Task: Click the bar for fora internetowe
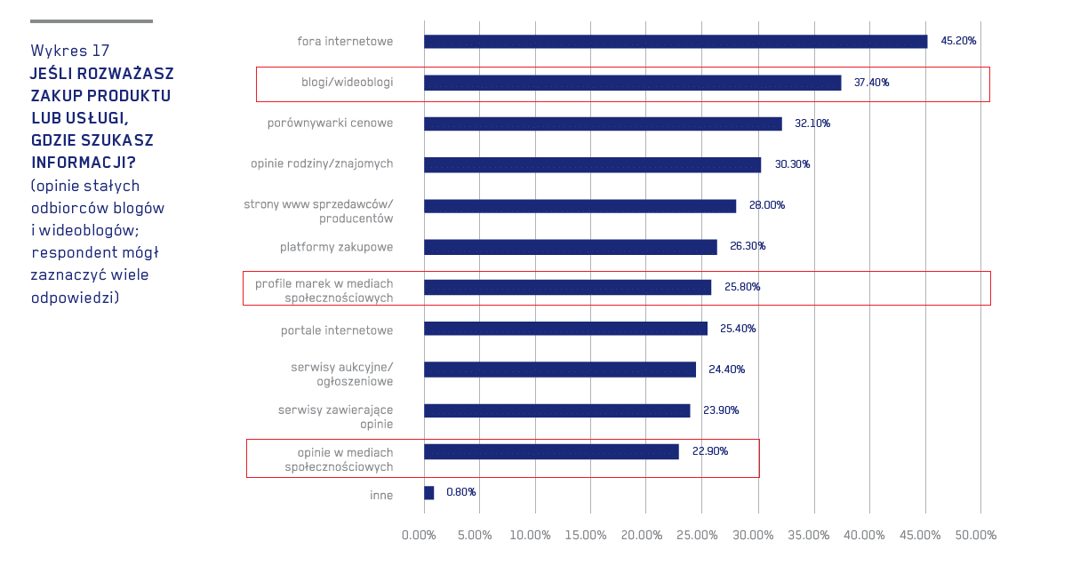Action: (x=676, y=42)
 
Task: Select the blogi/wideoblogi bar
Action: (x=632, y=83)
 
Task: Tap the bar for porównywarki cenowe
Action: (x=603, y=123)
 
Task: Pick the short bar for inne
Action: (x=429, y=492)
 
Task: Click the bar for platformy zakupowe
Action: (x=570, y=247)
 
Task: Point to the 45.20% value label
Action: (x=958, y=42)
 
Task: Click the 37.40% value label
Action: (x=871, y=83)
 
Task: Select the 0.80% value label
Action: (x=460, y=492)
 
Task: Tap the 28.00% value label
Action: (x=766, y=205)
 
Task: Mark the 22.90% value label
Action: (x=709, y=451)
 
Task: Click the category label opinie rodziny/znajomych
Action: (x=322, y=164)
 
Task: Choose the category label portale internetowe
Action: (x=337, y=330)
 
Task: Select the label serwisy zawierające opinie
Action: (x=335, y=417)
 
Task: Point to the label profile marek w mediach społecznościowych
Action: (x=324, y=290)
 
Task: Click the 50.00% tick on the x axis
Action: (x=975, y=536)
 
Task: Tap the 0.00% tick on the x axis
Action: (x=419, y=536)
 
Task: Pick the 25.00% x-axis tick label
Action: (x=697, y=536)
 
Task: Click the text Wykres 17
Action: (x=70, y=51)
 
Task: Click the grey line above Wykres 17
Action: (x=92, y=21)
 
